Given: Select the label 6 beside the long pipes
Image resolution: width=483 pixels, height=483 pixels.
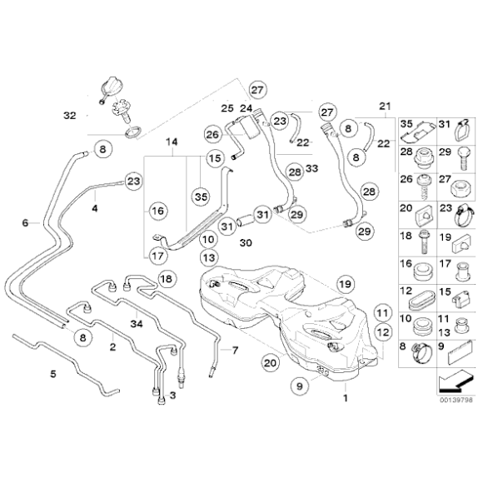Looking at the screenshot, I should click(x=25, y=223).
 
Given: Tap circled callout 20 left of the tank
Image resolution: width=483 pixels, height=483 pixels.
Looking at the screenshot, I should click(x=269, y=362).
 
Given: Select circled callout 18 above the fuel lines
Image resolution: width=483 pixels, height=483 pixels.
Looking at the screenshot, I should click(x=165, y=279).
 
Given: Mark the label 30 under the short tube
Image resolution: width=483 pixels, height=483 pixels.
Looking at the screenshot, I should click(x=244, y=242).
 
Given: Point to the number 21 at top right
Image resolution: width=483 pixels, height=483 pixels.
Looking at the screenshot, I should click(x=384, y=105).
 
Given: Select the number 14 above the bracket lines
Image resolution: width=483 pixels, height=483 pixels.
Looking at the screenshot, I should click(x=172, y=142).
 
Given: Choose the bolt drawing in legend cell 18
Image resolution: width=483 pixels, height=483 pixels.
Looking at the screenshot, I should click(x=423, y=242).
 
